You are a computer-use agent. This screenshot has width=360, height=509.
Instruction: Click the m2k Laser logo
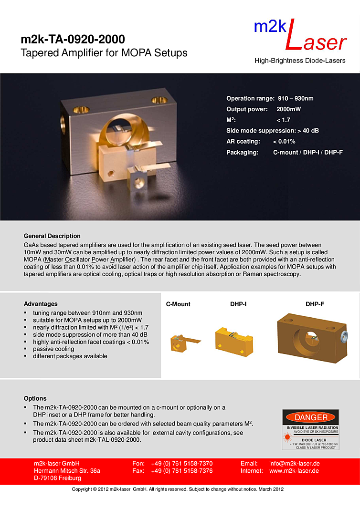300,35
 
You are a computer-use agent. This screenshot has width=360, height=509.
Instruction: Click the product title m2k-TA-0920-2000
73,39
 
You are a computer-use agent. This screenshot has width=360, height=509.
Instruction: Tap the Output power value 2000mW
288,109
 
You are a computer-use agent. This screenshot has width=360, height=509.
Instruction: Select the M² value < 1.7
283,120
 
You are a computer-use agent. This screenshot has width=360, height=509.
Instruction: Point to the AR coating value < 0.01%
284,142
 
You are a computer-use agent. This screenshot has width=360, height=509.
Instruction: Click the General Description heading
52,236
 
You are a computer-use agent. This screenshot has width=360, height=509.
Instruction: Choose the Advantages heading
41,304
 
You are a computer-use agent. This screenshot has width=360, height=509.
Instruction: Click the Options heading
35,398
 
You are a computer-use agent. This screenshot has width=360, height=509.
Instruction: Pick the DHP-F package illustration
311,339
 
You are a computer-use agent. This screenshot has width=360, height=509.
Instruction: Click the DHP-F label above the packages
315,304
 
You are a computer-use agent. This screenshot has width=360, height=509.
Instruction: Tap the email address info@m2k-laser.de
295,464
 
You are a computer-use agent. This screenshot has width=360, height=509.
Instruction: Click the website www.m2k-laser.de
295,471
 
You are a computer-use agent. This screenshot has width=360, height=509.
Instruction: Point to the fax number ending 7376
181,471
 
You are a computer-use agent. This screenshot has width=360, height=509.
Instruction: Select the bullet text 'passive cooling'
53,349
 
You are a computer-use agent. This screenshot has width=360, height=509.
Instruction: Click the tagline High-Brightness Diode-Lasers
300,61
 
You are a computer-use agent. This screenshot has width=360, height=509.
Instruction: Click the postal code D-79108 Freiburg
57,478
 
